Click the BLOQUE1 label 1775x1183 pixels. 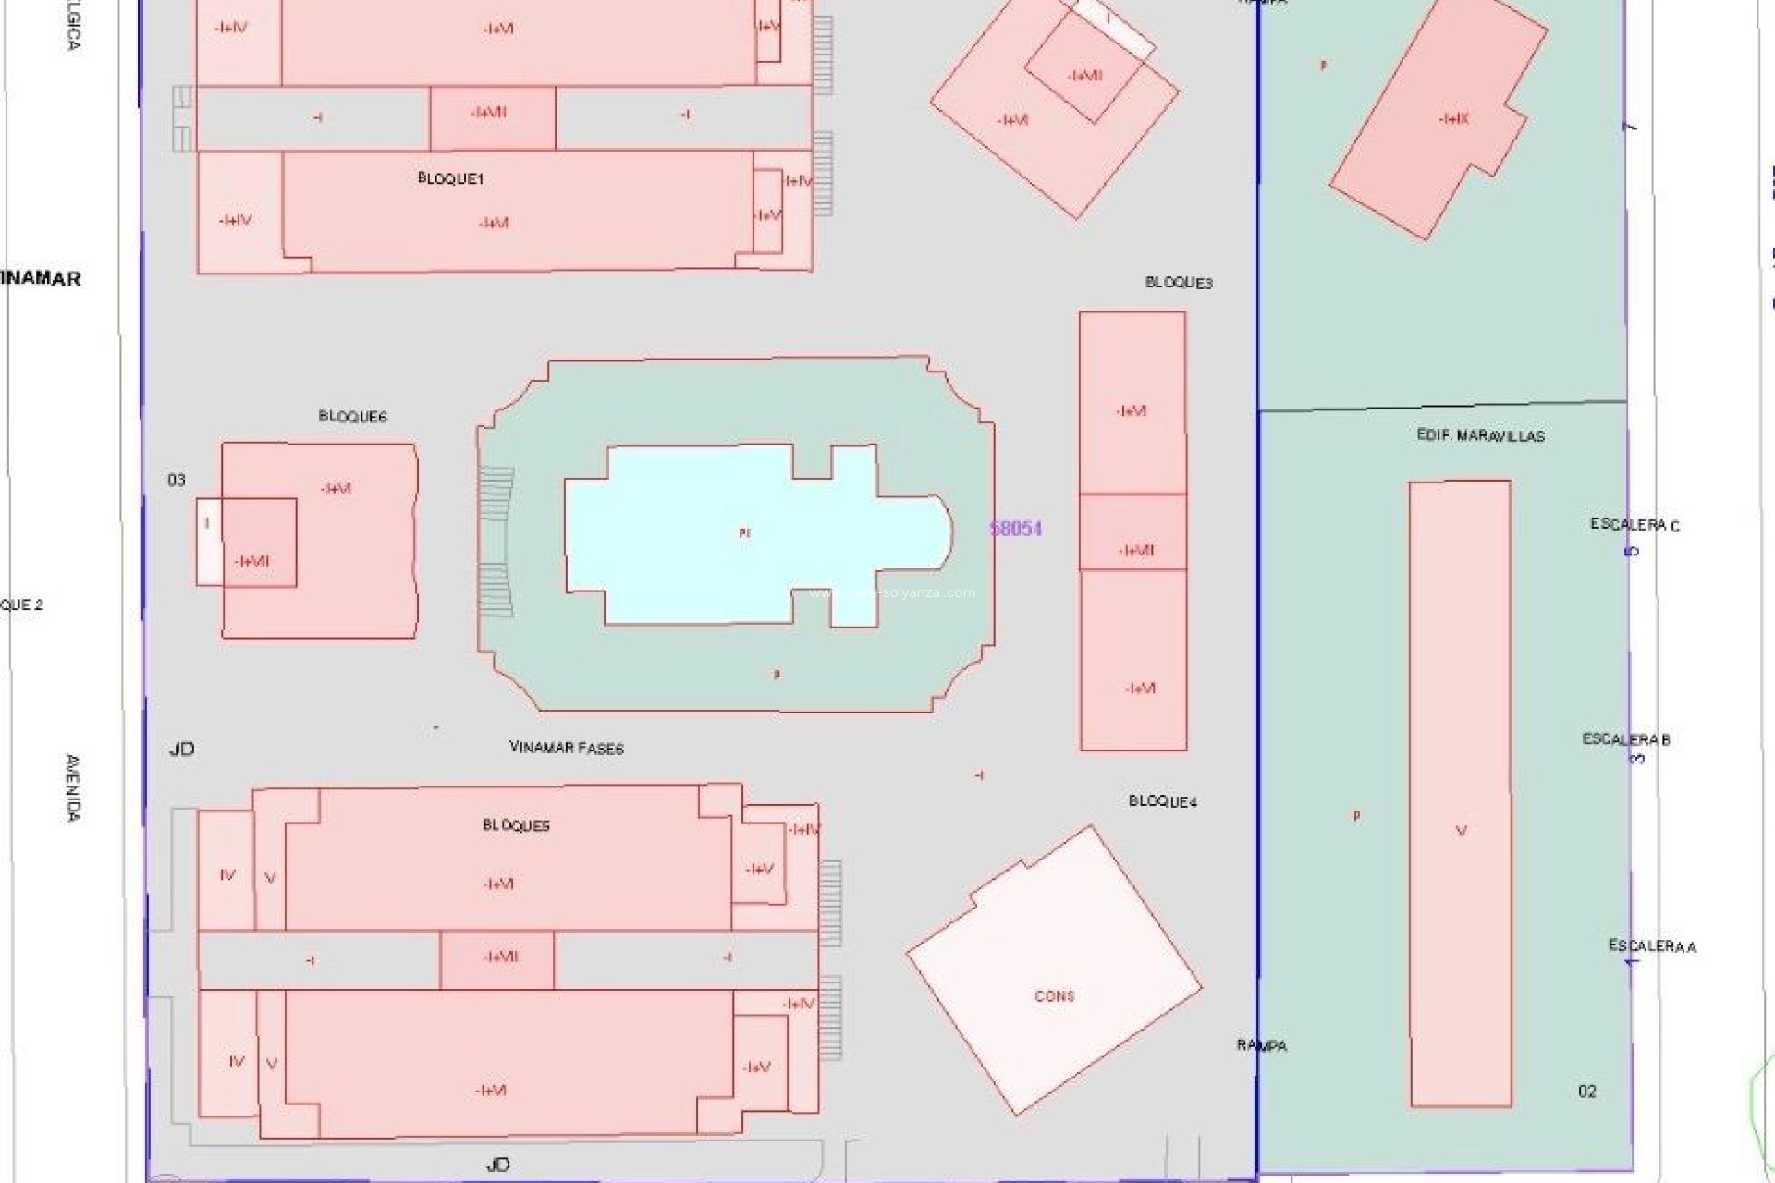click(450, 178)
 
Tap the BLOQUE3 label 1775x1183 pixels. click(1179, 283)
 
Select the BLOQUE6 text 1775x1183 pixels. click(352, 416)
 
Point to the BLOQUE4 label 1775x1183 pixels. click(1162, 801)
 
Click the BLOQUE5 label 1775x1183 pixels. click(516, 825)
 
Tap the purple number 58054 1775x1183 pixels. click(1016, 529)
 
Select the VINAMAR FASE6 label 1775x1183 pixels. click(567, 748)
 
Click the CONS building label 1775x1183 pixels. click(1054, 996)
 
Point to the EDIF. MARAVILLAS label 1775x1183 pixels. click(1480, 435)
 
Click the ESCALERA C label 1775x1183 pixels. click(1634, 524)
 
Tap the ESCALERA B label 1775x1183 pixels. click(1626, 739)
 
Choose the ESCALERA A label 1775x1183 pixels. click(1652, 945)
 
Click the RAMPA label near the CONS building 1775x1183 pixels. click(1262, 1045)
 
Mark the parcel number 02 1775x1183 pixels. click(1586, 1092)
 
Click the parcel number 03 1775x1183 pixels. click(176, 480)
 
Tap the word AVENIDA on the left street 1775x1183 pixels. click(73, 787)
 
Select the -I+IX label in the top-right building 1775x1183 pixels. click(1453, 118)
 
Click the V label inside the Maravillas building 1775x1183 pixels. click(1461, 831)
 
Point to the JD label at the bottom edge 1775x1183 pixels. click(497, 1165)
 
